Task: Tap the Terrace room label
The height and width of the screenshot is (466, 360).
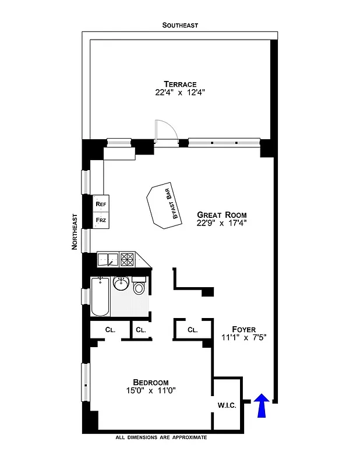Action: point(180,84)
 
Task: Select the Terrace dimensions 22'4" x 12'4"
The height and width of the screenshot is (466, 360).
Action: point(180,93)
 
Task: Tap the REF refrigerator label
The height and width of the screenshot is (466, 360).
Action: point(101,204)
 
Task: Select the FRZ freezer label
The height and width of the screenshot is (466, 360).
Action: point(101,221)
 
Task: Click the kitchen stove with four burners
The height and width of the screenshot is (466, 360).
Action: point(128,259)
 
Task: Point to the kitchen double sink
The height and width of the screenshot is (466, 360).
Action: point(108,259)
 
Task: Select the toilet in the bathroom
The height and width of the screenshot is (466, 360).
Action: point(139,288)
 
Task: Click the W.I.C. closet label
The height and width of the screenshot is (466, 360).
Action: point(227,405)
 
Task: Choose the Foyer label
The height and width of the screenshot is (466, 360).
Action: point(243,329)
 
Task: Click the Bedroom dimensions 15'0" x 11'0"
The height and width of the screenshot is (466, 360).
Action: point(150,391)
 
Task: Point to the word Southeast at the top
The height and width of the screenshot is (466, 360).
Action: point(180,25)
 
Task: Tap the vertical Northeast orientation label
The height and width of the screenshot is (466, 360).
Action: point(75,232)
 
